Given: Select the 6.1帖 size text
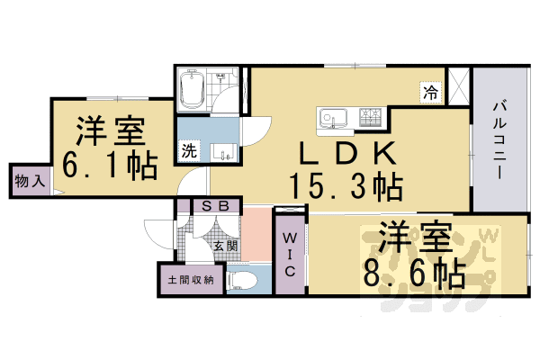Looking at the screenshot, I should [x=109, y=166].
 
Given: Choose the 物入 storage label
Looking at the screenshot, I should [x=29, y=180].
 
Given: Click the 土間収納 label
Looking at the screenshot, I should [x=191, y=279].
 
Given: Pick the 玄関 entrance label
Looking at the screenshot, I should [x=225, y=245].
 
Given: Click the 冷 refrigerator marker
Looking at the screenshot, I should [x=431, y=91].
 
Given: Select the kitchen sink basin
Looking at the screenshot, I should [x=330, y=118].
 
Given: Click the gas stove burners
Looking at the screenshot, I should [x=371, y=117].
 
